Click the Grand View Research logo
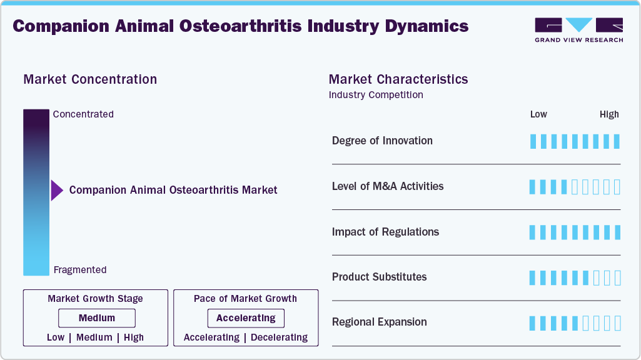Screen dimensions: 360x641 point(578,29)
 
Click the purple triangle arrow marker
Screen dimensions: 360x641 point(57,190)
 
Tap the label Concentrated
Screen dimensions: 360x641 point(83,114)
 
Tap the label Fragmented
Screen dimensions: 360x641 point(80,270)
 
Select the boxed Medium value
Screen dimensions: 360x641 point(97,318)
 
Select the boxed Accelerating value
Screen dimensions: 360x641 point(246,318)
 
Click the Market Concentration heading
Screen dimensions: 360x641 point(90,79)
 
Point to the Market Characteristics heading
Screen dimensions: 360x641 point(398,79)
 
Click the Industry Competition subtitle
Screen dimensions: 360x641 point(376,95)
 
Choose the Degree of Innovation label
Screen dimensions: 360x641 point(382,141)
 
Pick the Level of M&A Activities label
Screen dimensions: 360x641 point(388,186)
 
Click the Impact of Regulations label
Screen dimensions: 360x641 point(385,232)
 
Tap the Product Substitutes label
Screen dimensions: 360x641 point(379,277)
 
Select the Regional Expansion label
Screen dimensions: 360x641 point(379,322)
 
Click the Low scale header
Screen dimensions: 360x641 point(538,114)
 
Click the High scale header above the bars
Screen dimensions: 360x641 point(609,114)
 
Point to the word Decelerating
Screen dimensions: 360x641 point(279,337)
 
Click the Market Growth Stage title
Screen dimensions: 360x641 point(95,299)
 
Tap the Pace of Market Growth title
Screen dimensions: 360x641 point(245,299)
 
